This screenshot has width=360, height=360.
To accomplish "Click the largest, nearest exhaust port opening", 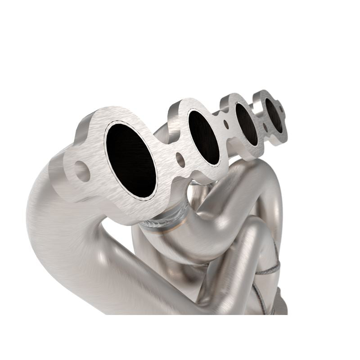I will pos(131,160).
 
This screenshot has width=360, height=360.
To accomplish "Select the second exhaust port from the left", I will pos(204,137).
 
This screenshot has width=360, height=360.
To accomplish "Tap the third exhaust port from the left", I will pos(247,124).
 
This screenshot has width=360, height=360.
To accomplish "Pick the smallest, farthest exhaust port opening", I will pos(274,115).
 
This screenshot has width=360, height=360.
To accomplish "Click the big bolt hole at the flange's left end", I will pos(81,171).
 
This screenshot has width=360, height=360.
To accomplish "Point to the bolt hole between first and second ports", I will pos(180,159).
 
